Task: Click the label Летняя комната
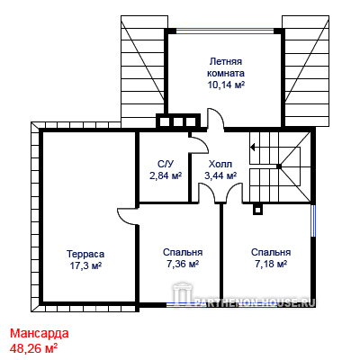(x=226, y=67)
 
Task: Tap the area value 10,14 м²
(x=226, y=85)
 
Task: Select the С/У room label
(x=166, y=164)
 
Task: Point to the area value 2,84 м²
(x=166, y=175)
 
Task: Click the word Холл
(x=220, y=164)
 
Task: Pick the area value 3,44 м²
(x=220, y=175)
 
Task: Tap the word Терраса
(x=85, y=254)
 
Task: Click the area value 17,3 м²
(x=85, y=265)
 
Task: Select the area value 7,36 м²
(x=183, y=264)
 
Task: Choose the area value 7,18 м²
(x=271, y=264)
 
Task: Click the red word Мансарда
(x=40, y=333)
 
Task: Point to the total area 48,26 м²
(x=33, y=348)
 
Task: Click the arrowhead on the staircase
(x=253, y=148)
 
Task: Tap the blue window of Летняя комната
(x=225, y=31)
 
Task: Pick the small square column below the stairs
(x=257, y=210)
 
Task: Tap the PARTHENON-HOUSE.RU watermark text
(x=255, y=302)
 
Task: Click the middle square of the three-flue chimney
(x=178, y=122)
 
